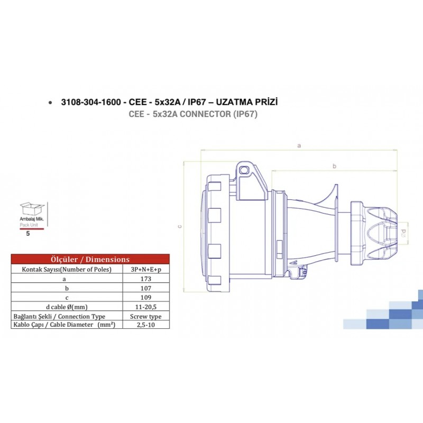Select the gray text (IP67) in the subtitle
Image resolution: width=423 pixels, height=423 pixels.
click(x=244, y=114)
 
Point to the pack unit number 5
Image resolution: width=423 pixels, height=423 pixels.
click(x=28, y=233)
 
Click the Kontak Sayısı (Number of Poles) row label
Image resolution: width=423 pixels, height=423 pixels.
click(x=64, y=269)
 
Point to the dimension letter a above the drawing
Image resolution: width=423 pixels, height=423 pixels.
click(x=299, y=145)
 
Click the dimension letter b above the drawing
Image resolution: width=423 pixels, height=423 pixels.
click(x=334, y=166)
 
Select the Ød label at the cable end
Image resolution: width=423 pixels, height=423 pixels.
click(x=403, y=231)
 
